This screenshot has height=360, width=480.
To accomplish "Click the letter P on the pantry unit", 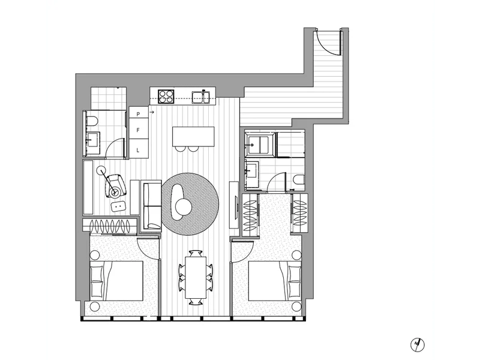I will [138, 113].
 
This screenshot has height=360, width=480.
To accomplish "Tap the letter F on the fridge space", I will [138, 130].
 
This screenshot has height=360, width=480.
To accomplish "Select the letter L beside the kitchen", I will [138, 149].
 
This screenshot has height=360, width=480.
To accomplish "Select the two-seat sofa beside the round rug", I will [152, 203].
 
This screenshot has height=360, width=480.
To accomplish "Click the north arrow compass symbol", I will [417, 344].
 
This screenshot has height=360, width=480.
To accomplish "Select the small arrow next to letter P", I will [151, 112].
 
